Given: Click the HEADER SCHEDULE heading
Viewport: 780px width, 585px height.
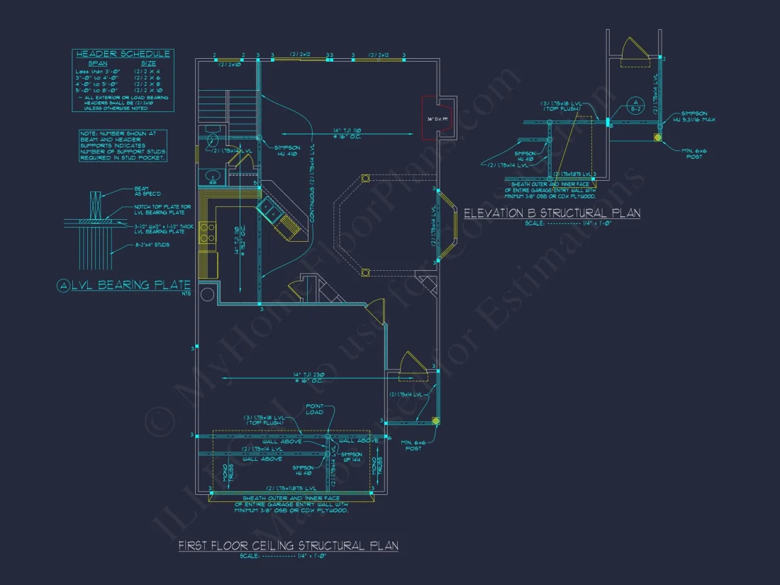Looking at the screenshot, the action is tap(123, 54).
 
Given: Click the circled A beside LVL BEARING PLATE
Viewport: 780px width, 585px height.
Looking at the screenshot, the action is tap(64, 286).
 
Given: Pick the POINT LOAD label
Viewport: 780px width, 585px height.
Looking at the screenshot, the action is tap(315, 410).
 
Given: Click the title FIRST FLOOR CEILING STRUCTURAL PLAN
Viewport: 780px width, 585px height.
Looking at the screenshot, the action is tap(288, 545).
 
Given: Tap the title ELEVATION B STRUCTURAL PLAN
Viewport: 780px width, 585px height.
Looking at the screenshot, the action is tap(552, 213).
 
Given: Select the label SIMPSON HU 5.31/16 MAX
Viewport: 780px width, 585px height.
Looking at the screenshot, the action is tap(698, 116).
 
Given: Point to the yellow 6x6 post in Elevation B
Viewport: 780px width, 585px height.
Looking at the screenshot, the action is tap(658, 137).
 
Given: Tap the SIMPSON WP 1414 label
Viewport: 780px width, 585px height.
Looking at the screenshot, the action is tap(352, 457).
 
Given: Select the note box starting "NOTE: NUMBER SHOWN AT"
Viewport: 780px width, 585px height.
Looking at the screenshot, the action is tap(123, 145).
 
